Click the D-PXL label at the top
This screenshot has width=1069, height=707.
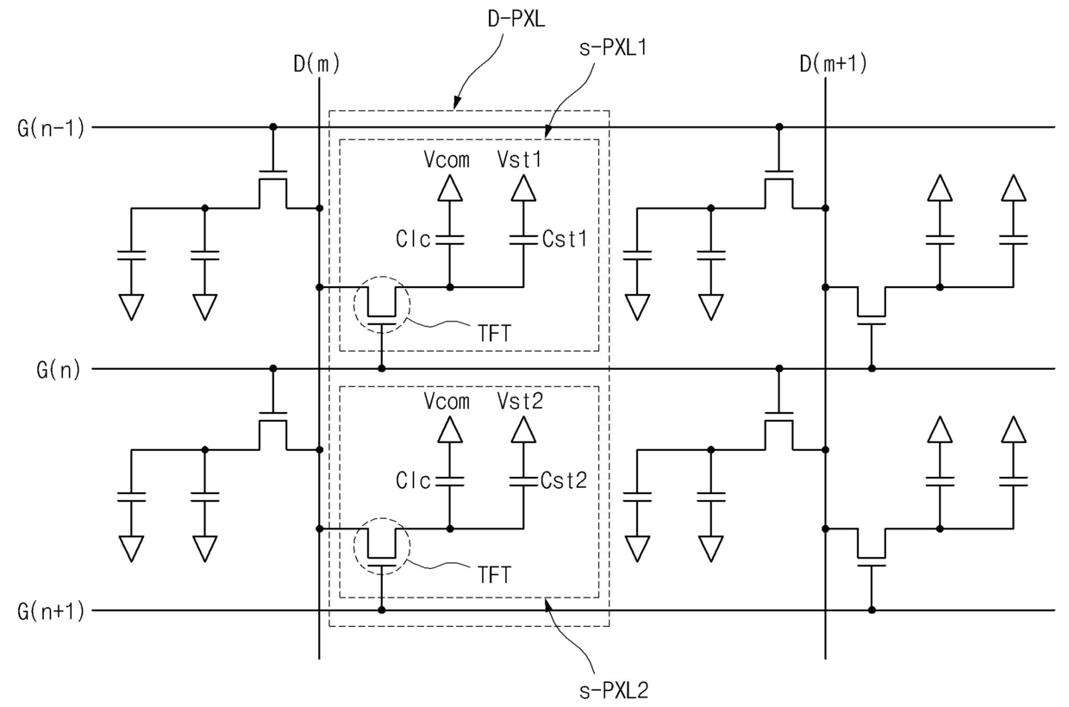click(x=516, y=19)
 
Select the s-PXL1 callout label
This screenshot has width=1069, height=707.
click(x=613, y=47)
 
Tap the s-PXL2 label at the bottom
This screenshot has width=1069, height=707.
click(x=614, y=691)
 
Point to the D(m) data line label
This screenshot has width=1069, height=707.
click(x=316, y=64)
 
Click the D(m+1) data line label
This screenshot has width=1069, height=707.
click(x=833, y=64)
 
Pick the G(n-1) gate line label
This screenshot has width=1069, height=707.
click(x=51, y=128)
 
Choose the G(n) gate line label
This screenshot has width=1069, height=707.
click(x=59, y=370)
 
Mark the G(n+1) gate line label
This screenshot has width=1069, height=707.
click(x=51, y=611)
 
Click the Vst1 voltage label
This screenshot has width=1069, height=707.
click(x=519, y=160)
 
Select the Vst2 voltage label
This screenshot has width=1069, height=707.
click(x=520, y=401)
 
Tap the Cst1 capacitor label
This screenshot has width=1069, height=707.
click(x=564, y=239)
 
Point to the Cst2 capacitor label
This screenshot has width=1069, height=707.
click(x=564, y=481)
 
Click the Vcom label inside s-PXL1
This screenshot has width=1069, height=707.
click(x=447, y=160)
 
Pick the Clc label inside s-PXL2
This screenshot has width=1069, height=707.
click(x=413, y=481)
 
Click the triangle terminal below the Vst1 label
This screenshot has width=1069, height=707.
click(x=523, y=188)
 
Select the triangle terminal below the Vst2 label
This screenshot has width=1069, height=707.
click(x=523, y=429)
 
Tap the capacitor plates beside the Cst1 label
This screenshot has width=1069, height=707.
click(x=523, y=240)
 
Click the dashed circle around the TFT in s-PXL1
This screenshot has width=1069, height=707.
click(x=354, y=304)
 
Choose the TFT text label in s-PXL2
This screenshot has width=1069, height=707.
click(x=495, y=575)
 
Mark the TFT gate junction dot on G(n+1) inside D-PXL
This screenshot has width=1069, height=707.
click(x=381, y=610)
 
